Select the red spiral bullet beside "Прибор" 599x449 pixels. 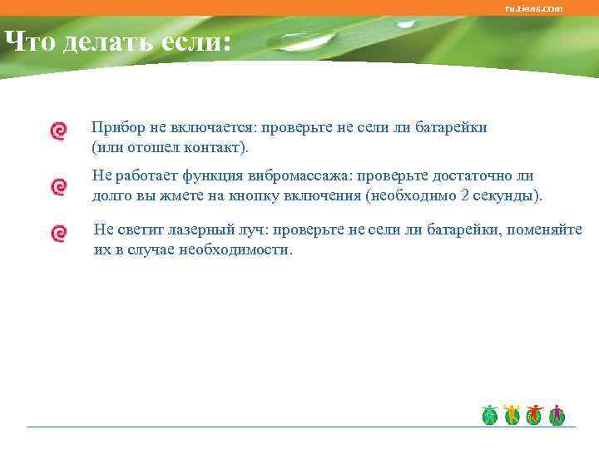click(58, 131)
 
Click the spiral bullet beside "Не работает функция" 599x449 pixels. click(58, 187)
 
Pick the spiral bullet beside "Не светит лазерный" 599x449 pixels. click(58, 233)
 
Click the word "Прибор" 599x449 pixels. click(118, 127)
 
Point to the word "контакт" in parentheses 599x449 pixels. click(219, 147)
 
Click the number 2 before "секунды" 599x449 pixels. click(463, 196)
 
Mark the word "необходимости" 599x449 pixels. click(243, 249)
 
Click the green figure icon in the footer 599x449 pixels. click(490, 415)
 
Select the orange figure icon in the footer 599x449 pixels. click(512, 415)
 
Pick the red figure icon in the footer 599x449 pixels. click(534, 415)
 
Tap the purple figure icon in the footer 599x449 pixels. click(557, 415)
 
